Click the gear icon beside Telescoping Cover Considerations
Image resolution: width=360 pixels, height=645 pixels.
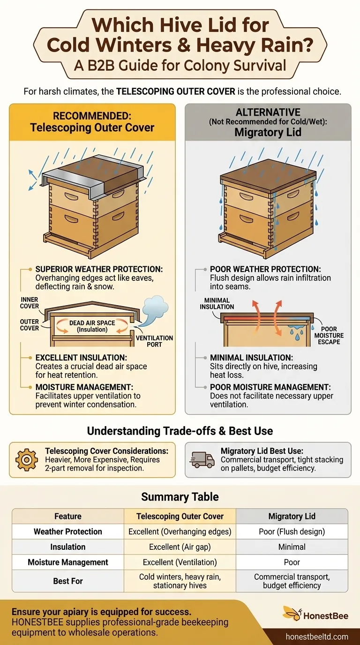(27, 460)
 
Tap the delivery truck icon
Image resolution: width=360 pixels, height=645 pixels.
(202, 460)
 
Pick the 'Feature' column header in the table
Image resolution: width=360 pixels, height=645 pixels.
(68, 516)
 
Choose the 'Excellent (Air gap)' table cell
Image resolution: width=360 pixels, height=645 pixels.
(180, 547)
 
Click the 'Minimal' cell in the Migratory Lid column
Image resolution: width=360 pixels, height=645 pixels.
(292, 547)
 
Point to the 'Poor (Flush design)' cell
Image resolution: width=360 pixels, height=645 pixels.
(292, 532)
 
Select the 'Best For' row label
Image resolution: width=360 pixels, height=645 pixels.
(68, 581)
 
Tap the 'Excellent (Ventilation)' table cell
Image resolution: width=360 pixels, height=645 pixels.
(180, 562)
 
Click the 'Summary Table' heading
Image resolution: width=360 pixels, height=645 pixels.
(180, 497)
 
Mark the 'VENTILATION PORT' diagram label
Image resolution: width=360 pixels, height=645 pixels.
(154, 341)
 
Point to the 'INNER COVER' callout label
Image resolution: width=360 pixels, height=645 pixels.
(29, 303)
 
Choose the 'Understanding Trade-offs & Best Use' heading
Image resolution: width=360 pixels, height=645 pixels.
(180, 430)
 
